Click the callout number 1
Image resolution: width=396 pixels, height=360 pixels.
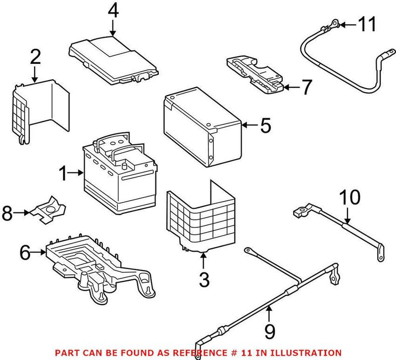tap(63, 173)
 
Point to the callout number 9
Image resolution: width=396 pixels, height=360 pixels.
tap(268, 330)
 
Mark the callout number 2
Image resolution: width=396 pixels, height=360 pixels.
tap(35, 58)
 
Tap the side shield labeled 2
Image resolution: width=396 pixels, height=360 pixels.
tap(40, 111)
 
